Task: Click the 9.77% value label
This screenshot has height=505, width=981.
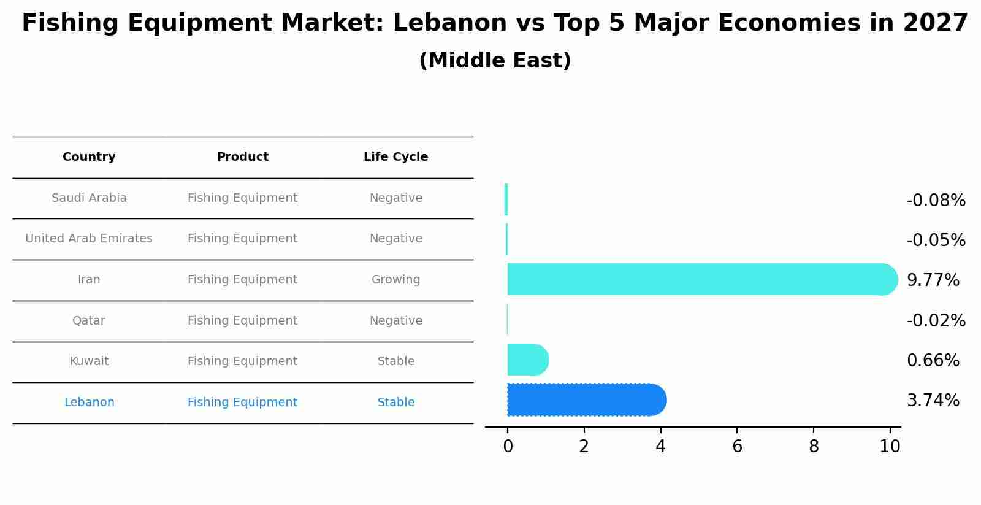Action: [x=933, y=280]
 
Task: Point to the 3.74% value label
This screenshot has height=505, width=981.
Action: [x=933, y=401]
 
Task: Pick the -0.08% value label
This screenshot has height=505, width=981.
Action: [x=936, y=201]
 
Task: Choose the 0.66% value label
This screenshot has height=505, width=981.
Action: [x=933, y=361]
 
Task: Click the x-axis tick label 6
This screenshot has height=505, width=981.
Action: [x=737, y=447]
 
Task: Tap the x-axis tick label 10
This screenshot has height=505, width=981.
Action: [x=890, y=447]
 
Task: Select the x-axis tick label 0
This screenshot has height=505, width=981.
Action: [x=508, y=447]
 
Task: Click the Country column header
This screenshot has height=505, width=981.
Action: [x=89, y=157]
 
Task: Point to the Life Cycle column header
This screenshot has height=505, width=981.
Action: [x=395, y=157]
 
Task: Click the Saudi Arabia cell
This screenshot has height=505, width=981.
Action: [x=89, y=198]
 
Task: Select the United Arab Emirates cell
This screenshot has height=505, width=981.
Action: [x=89, y=239]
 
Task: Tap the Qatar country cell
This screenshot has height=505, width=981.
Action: [x=89, y=321]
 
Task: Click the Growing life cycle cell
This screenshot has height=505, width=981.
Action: [x=395, y=280]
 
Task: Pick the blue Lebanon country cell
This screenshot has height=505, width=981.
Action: [x=89, y=403]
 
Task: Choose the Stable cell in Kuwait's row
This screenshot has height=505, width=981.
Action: [x=395, y=361]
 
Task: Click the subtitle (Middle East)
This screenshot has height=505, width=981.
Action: [x=495, y=61]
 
